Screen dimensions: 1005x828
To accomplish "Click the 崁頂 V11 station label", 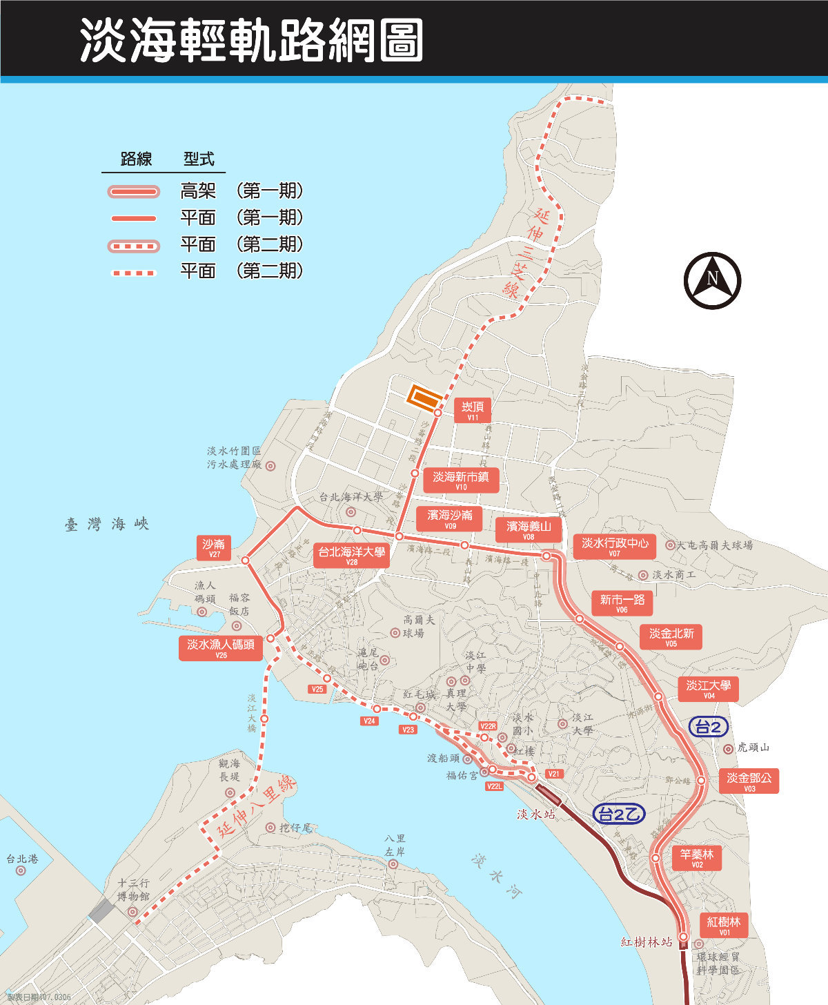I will point(473,410).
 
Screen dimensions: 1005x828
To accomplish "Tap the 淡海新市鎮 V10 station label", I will point(460,480).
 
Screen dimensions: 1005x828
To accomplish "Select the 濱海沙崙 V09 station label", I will point(450,518).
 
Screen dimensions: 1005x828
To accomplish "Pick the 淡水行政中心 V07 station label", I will point(614,547).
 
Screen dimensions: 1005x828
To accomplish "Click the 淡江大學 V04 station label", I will point(708,689).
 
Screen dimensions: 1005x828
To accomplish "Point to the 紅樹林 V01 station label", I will point(724,925).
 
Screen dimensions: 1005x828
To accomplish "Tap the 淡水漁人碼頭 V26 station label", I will point(221,648).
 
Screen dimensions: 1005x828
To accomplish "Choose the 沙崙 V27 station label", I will point(214,548).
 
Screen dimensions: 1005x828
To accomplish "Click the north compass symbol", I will point(712,280).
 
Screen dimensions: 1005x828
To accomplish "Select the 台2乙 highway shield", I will point(618,814).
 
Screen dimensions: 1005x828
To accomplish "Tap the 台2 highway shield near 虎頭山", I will point(708,727).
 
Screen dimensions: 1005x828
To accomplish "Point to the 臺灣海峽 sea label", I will point(107,525).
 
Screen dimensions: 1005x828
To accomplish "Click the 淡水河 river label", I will point(497,876).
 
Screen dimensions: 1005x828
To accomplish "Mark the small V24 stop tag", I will point(370,721).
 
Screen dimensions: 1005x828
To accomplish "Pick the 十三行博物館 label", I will point(133,890).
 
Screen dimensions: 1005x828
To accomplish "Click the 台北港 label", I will point(22,859).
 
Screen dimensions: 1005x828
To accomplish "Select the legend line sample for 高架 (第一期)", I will point(134,191).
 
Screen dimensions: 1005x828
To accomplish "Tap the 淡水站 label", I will point(536,814).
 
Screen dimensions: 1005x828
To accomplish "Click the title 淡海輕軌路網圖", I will point(251,40).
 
